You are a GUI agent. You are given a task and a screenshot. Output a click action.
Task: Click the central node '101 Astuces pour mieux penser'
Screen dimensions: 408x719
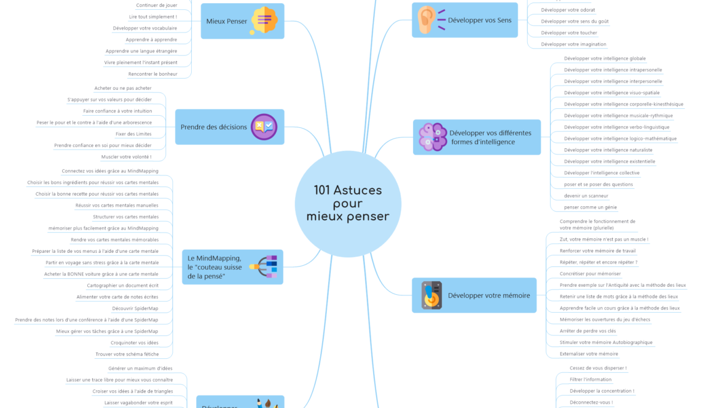[x=348, y=204]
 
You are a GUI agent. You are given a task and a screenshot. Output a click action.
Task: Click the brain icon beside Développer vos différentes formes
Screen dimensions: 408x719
[x=433, y=137]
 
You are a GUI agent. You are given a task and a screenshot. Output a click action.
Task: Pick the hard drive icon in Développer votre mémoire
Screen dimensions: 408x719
[x=431, y=295]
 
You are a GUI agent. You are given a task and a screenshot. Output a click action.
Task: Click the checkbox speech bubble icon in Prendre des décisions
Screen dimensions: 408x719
[x=264, y=127]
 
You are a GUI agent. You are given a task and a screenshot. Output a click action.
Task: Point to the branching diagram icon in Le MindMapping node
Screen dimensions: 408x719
[x=264, y=266]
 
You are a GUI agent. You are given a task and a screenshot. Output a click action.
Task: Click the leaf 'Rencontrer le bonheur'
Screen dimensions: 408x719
[x=152, y=74]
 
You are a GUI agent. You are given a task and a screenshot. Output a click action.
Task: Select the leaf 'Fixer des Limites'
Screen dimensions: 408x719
[x=133, y=134]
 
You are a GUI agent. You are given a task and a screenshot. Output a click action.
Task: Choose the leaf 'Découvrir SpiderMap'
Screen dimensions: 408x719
[x=135, y=308]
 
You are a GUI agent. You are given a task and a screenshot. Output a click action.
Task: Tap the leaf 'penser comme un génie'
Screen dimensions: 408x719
[x=590, y=207]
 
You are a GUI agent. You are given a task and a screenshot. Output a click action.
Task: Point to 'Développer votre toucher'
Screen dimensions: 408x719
[x=568, y=33]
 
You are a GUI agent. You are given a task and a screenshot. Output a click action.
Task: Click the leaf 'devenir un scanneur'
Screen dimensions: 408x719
[x=586, y=196]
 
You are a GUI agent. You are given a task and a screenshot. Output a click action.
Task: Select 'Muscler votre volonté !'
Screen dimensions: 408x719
[x=126, y=157]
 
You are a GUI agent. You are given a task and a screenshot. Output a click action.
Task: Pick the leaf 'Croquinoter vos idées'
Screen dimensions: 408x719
[x=134, y=343]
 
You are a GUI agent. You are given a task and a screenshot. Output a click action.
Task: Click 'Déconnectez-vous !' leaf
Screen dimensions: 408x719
[x=591, y=402]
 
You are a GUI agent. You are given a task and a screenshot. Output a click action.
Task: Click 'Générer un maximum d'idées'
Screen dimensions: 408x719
[x=140, y=368]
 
